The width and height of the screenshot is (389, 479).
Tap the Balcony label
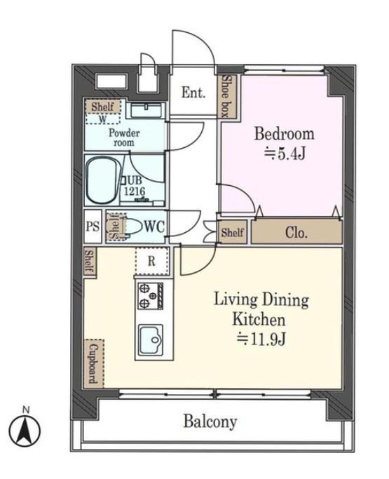(210, 421)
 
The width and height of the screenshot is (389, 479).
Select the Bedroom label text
(284, 134)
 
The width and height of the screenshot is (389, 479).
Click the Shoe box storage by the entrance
(228, 96)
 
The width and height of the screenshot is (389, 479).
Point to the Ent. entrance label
(193, 93)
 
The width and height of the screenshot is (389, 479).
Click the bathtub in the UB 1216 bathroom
(102, 180)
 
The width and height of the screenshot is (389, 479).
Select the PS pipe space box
(93, 227)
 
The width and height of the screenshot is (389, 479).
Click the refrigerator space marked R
(152, 261)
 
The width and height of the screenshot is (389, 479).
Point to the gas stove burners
(150, 295)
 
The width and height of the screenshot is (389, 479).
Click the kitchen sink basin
(151, 339)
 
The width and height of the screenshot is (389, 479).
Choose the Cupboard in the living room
(94, 363)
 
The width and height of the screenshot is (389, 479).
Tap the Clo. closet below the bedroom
(296, 232)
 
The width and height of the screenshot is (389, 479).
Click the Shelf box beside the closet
(233, 232)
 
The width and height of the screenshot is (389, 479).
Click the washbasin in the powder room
(146, 110)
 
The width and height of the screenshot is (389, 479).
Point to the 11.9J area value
(261, 339)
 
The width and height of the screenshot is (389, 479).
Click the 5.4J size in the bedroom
(285, 154)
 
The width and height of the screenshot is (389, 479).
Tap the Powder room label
(124, 137)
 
